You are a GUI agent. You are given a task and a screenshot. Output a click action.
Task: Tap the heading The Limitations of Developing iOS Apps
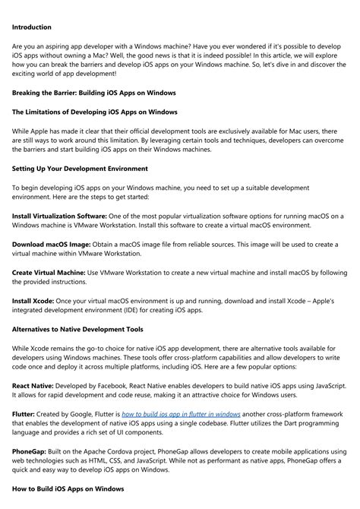(95, 112)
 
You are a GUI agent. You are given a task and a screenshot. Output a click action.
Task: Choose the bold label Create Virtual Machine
(49, 272)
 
